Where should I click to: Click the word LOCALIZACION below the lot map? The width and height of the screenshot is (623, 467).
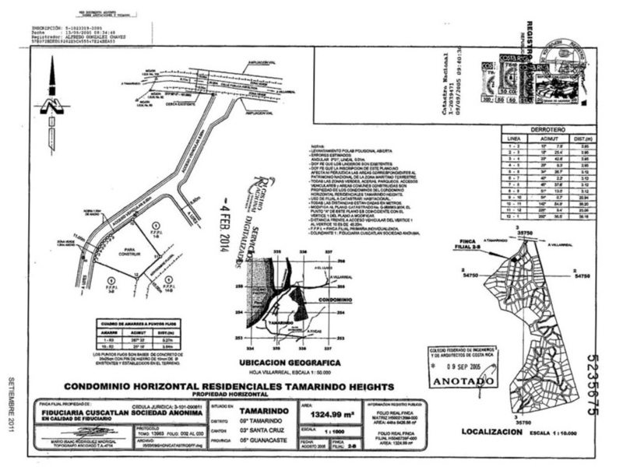(487, 430)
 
